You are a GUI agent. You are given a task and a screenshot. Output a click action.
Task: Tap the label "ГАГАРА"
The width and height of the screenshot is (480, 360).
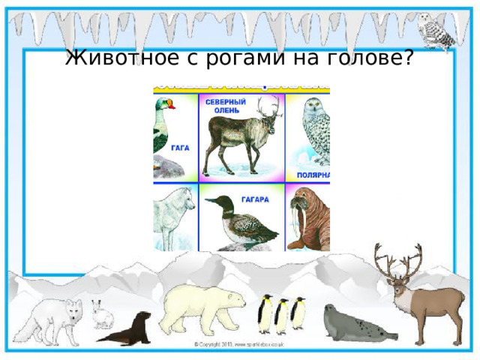(x=255, y=200)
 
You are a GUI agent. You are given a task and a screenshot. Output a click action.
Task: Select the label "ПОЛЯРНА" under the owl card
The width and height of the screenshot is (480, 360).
(x=313, y=174)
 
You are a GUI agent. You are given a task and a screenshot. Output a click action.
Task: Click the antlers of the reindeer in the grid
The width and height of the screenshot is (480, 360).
(x=267, y=112)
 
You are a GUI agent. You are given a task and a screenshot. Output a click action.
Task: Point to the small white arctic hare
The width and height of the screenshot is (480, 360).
(x=101, y=314)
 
